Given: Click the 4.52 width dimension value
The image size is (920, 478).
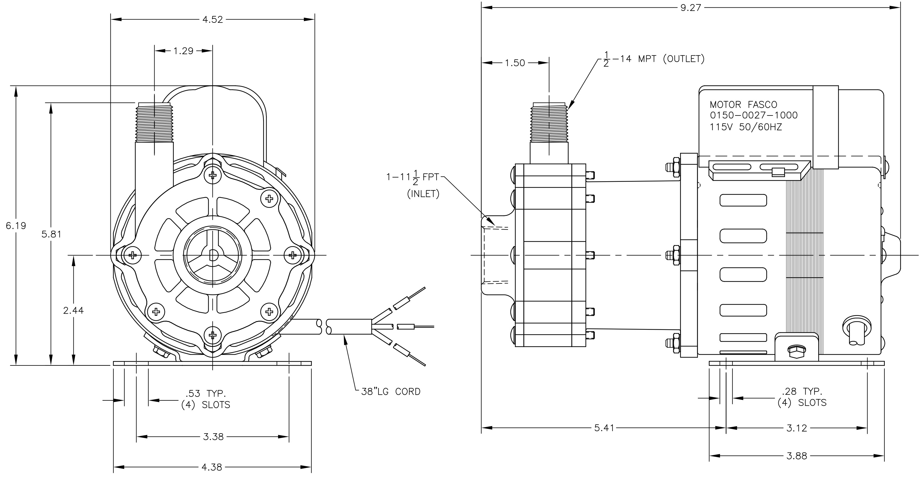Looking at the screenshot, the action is [213, 20].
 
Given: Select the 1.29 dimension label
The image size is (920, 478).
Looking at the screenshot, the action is [184, 51].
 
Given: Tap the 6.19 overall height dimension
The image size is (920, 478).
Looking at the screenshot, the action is [16, 226].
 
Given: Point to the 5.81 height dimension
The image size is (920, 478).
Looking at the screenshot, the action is [52, 234].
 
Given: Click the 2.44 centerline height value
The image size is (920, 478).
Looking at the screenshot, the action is [73, 311].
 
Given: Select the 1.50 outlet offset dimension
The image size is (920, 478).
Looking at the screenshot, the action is [515, 63].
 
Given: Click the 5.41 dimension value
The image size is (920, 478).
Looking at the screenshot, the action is [604, 428].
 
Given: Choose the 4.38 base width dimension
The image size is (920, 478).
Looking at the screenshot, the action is [212, 467].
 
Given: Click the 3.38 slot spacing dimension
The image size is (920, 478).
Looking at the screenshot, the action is [213, 437].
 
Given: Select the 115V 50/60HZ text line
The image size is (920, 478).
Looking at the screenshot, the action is [746, 127].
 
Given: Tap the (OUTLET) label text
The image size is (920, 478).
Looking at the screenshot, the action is [684, 59].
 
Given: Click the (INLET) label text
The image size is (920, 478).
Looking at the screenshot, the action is [423, 194].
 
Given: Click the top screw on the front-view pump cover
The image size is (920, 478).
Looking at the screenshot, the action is [213, 175].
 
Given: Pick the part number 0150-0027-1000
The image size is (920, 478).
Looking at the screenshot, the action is [754, 115].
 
